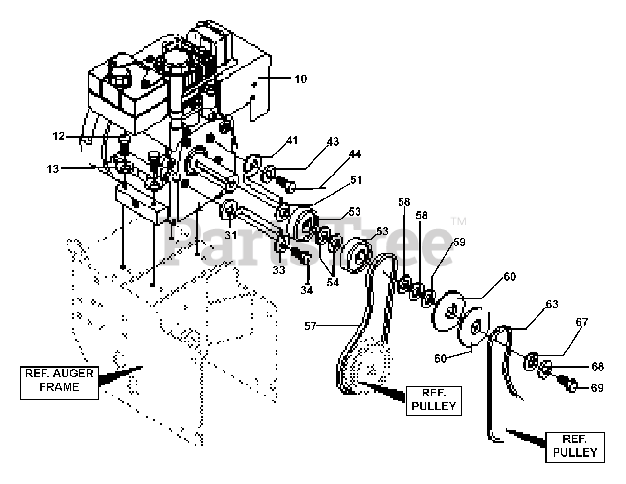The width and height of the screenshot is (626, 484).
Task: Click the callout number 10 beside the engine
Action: [301, 79]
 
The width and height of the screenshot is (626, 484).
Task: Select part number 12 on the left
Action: [59, 136]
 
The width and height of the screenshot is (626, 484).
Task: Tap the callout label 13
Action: [53, 169]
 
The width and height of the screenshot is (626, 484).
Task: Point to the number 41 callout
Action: [292, 140]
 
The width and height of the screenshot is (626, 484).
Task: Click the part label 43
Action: [333, 142]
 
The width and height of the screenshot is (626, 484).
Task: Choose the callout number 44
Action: [355, 154]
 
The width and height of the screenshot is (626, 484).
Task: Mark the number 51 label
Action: [356, 180]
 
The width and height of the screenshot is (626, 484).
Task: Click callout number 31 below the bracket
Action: [231, 235]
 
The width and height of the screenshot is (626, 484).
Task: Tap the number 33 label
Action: [279, 270]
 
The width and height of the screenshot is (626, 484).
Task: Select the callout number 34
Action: [307, 290]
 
